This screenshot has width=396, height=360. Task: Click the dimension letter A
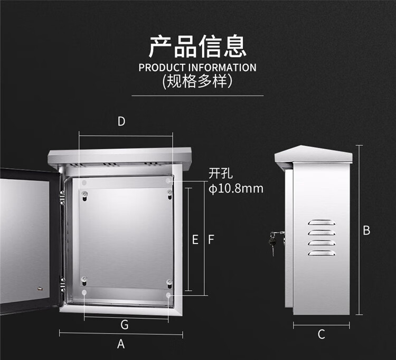click(x=121, y=344)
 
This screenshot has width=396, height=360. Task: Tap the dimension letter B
click(x=366, y=230)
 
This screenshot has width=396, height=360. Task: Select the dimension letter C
click(x=321, y=334)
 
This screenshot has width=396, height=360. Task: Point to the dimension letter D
click(x=121, y=121)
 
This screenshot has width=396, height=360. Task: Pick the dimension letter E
click(x=195, y=240)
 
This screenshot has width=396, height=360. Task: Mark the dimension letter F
click(x=211, y=240)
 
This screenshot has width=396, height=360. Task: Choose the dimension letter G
click(x=125, y=325)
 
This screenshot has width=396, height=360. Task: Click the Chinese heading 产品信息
click(x=197, y=46)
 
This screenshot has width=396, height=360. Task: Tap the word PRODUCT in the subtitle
click(x=162, y=68)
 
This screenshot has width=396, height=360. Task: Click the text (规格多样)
click(x=197, y=81)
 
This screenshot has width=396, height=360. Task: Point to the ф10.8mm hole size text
click(x=236, y=188)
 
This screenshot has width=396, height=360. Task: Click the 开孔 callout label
click(x=221, y=174)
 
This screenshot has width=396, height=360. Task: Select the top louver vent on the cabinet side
click(x=322, y=222)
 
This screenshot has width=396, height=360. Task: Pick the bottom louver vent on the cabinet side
click(x=322, y=253)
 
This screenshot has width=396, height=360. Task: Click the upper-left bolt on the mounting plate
click(x=84, y=194)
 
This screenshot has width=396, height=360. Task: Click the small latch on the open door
click(x=40, y=289)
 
